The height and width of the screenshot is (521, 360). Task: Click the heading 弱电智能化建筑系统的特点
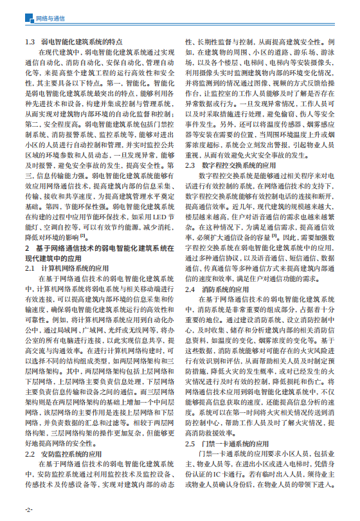[80, 42]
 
